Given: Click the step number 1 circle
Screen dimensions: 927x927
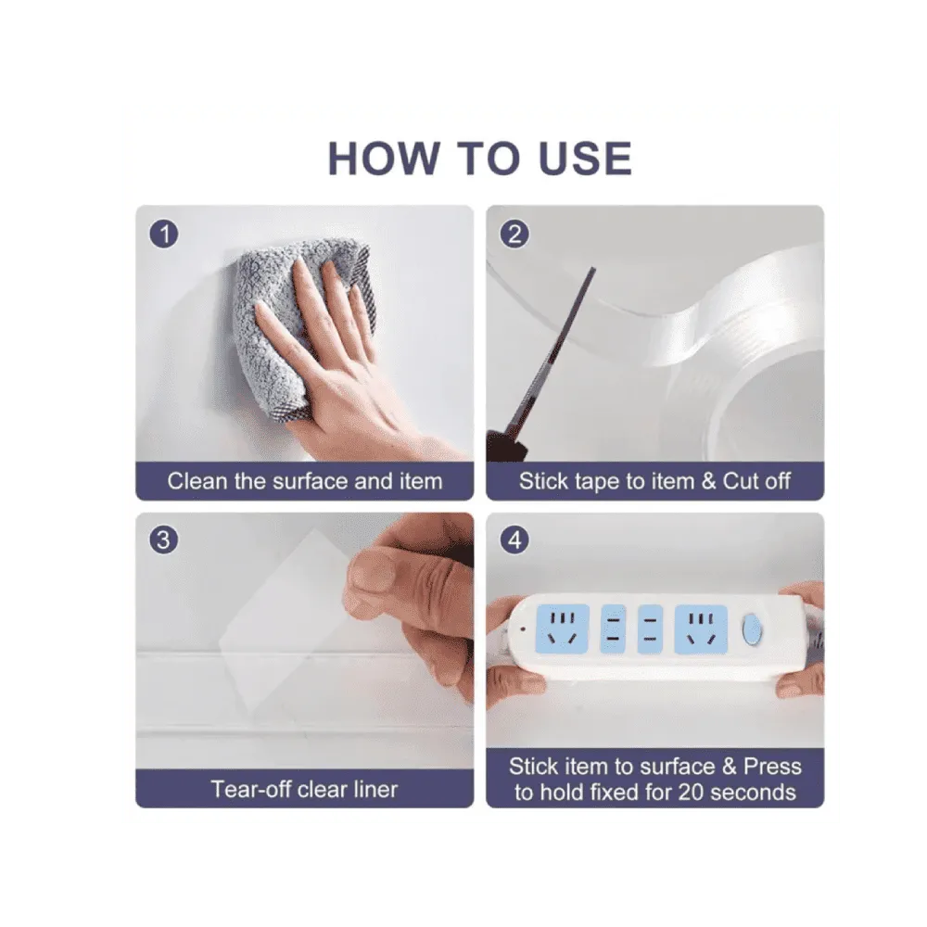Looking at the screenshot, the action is pyautogui.click(x=164, y=234).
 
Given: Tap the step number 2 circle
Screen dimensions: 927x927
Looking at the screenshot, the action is pyautogui.click(x=514, y=234).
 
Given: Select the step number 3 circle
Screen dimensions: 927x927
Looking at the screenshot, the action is pyautogui.click(x=164, y=540).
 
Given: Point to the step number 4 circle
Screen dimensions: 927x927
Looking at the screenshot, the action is pyautogui.click(x=514, y=540).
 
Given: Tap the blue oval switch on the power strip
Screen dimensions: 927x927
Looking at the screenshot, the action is pyautogui.click(x=752, y=629).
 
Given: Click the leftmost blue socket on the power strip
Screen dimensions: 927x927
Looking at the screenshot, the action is pyautogui.click(x=563, y=629).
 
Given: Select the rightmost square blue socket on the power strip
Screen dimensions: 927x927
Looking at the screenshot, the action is pyautogui.click(x=701, y=629).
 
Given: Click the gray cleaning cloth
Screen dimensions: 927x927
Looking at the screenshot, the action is pyautogui.click(x=296, y=325).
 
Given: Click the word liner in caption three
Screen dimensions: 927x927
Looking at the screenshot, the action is pyautogui.click(x=374, y=789).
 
